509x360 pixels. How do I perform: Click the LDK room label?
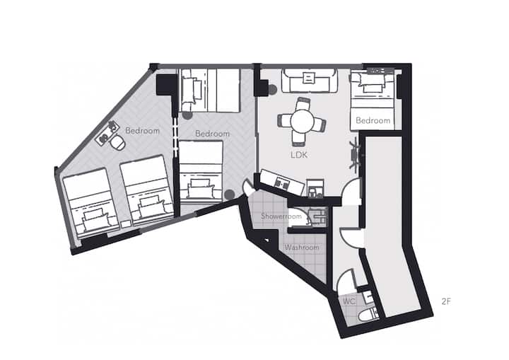[299, 155]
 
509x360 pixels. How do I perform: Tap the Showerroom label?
[281, 216]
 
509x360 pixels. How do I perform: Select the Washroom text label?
[302, 248]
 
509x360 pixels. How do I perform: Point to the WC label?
[349, 301]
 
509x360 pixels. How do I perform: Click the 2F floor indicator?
[446, 301]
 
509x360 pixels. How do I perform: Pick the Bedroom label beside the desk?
[142, 131]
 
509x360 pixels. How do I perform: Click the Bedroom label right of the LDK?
[373, 120]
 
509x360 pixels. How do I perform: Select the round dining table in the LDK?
[302, 121]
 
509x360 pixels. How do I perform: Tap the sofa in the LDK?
[309, 81]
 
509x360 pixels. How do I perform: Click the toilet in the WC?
[368, 315]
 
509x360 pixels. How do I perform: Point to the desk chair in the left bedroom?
[117, 142]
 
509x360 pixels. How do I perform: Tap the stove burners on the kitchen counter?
[281, 184]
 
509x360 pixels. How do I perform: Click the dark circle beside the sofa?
[271, 89]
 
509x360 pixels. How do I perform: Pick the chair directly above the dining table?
[303, 104]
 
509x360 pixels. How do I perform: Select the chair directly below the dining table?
[298, 138]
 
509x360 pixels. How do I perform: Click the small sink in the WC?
[368, 297]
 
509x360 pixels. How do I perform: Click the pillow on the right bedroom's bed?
[373, 88]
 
